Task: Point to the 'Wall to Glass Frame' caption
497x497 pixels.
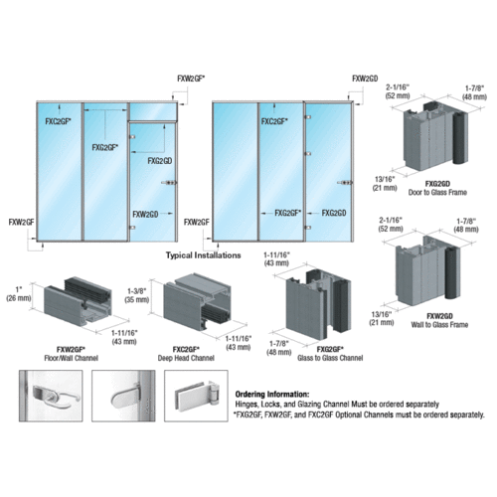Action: pyautogui.click(x=431, y=322)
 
